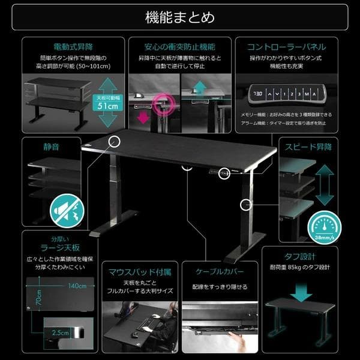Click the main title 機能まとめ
[x=180, y=17]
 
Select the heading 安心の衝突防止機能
[x=179, y=47]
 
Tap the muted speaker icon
[x=66, y=208]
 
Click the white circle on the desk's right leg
[x=245, y=205]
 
